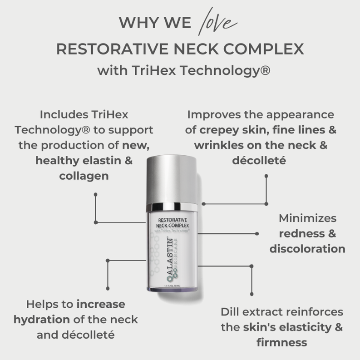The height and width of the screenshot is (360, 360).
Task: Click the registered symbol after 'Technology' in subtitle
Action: click(x=265, y=71)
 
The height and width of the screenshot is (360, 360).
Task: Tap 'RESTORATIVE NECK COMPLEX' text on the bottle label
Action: click(x=172, y=222)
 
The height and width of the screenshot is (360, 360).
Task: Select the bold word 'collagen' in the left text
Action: click(x=84, y=176)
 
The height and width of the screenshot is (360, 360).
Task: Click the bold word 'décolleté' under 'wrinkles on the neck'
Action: click(x=261, y=161)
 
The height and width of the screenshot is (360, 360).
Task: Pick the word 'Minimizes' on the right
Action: click(x=307, y=218)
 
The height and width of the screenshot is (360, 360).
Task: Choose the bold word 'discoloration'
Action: click(x=307, y=249)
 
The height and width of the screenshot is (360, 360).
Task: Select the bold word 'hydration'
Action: click(x=42, y=319)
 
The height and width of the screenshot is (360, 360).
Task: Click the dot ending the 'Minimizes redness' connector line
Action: click(x=257, y=234)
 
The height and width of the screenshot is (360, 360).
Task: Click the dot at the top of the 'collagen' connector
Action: click(x=95, y=194)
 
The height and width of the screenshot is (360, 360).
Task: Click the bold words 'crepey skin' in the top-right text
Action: click(x=225, y=130)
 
